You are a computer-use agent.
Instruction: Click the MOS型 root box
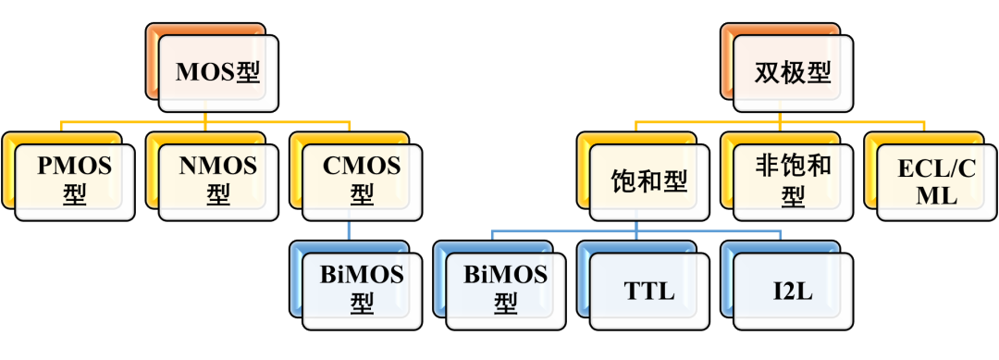click(217, 72)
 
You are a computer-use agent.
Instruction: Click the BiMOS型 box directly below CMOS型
click(362, 289)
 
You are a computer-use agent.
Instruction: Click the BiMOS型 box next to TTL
click(506, 289)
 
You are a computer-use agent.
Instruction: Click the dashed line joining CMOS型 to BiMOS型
click(349, 231)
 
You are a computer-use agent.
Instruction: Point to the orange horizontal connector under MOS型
click(205, 120)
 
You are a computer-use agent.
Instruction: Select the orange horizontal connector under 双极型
click(781, 120)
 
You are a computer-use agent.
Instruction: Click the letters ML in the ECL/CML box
click(937, 196)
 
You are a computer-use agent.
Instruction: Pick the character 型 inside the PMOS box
click(74, 196)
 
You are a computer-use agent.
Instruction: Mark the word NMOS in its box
click(218, 167)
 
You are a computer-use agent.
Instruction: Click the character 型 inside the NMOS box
click(218, 196)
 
